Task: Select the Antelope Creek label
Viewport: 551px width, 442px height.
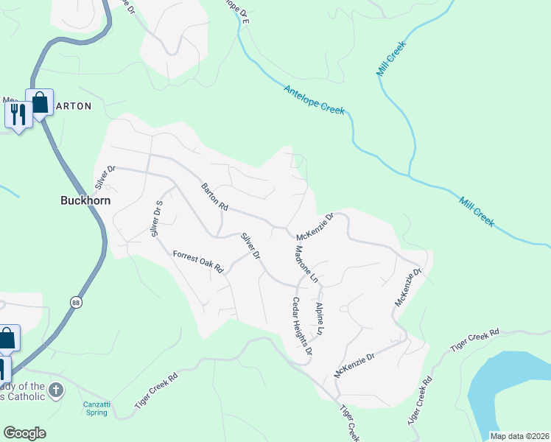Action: coord(315,99)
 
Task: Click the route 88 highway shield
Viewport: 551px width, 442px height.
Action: coord(76,302)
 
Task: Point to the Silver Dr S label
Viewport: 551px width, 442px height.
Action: coord(156,219)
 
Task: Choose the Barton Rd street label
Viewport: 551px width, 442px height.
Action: coord(214,197)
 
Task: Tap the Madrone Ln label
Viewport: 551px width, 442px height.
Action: coord(305,264)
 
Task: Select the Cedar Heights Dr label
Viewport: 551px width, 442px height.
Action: coord(303,326)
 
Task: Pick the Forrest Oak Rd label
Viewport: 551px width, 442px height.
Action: coord(197,262)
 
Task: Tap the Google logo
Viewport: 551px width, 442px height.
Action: coord(24,433)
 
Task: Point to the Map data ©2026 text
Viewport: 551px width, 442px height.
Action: coord(519,436)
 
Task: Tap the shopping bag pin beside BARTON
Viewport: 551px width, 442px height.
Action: coord(39,102)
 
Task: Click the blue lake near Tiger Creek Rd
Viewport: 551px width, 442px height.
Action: coord(508,390)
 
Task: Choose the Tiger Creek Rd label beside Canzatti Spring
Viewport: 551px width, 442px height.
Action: coord(156,391)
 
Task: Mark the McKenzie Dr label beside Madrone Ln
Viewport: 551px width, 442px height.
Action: coord(315,227)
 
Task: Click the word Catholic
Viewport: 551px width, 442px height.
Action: coord(26,396)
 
